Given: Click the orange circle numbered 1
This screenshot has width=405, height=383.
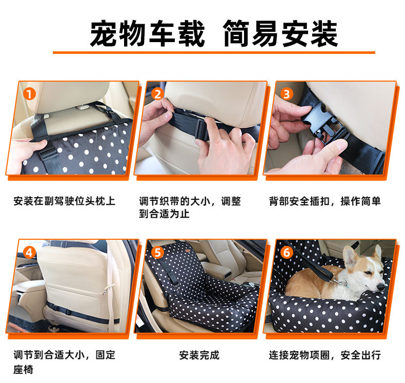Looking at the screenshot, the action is tap(29, 94).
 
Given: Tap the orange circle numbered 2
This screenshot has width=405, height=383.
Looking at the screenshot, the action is tap(157, 94).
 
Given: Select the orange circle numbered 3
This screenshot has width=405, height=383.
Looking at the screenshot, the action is tap(287, 94).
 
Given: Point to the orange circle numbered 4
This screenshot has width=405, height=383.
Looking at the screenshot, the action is tap(29, 253).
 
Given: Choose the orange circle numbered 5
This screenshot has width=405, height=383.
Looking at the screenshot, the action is tap(157, 253).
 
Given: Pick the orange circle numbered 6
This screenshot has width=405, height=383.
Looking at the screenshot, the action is tap(287, 253).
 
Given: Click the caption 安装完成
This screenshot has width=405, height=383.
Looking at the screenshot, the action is tap(199, 355).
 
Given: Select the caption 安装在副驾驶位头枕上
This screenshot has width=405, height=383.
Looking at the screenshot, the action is tap(64, 201).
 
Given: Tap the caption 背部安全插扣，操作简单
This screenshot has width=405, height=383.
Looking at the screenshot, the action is tap(325, 201).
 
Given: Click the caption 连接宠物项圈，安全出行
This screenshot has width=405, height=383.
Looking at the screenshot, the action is tap(325, 355).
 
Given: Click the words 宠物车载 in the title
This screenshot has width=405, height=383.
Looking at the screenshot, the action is tap(148, 33).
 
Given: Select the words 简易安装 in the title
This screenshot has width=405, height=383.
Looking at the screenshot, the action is tap(280, 33).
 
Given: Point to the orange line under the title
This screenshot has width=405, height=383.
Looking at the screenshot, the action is tap(214, 52).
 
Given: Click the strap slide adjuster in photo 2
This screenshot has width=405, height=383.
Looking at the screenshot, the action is tap(201, 130).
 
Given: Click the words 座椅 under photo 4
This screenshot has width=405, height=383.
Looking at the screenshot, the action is tap(23, 369).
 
